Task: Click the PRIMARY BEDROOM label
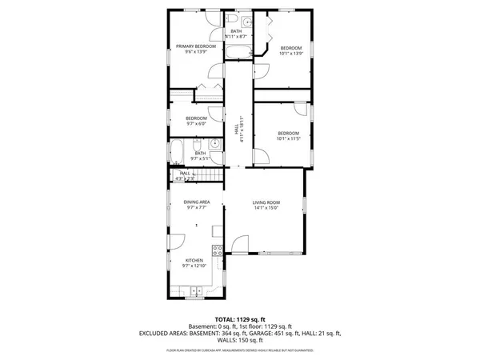pos(196,47)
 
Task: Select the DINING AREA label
pos(197,202)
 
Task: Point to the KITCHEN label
pos(194,260)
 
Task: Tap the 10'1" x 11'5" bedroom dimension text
pos(288,138)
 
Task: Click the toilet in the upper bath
pos(230,19)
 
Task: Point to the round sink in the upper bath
pos(247,22)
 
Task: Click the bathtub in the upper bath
pos(238,53)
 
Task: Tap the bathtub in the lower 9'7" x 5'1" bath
pos(177,151)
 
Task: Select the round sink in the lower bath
pos(215,146)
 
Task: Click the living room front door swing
pos(238,244)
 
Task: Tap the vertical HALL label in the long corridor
pos(237,128)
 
